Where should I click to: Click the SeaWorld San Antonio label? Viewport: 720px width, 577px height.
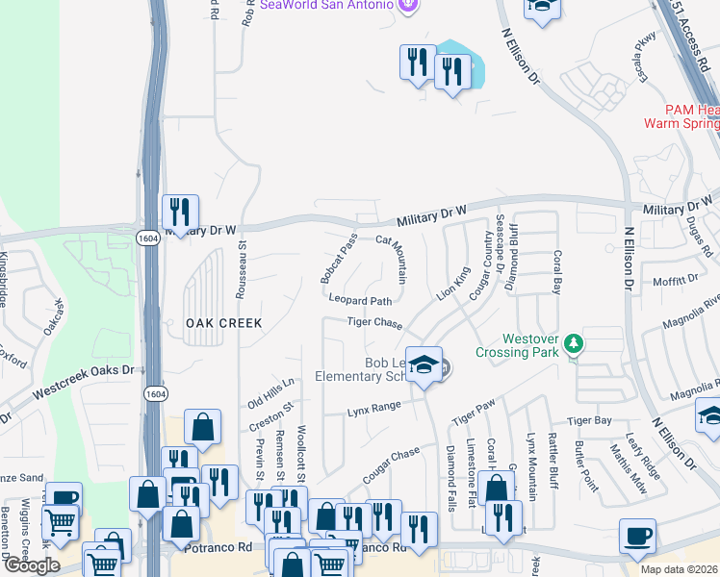pyautogui.click(x=326, y=5)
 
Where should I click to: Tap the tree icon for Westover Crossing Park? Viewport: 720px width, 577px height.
pyautogui.click(x=575, y=343)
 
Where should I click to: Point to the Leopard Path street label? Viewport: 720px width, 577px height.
pyautogui.click(x=361, y=300)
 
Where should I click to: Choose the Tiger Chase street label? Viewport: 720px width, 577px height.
pyautogui.click(x=374, y=323)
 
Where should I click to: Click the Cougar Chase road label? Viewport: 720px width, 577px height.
pyautogui.click(x=391, y=465)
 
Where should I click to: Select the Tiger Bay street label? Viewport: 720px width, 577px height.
pyautogui.click(x=589, y=420)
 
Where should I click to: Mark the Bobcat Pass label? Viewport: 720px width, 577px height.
pyautogui.click(x=339, y=258)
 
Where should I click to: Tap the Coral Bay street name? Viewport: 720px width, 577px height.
pyautogui.click(x=556, y=272)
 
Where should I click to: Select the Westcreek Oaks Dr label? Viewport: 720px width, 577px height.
pyautogui.click(x=84, y=383)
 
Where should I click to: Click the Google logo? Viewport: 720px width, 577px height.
pyautogui.click(x=31, y=565)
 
